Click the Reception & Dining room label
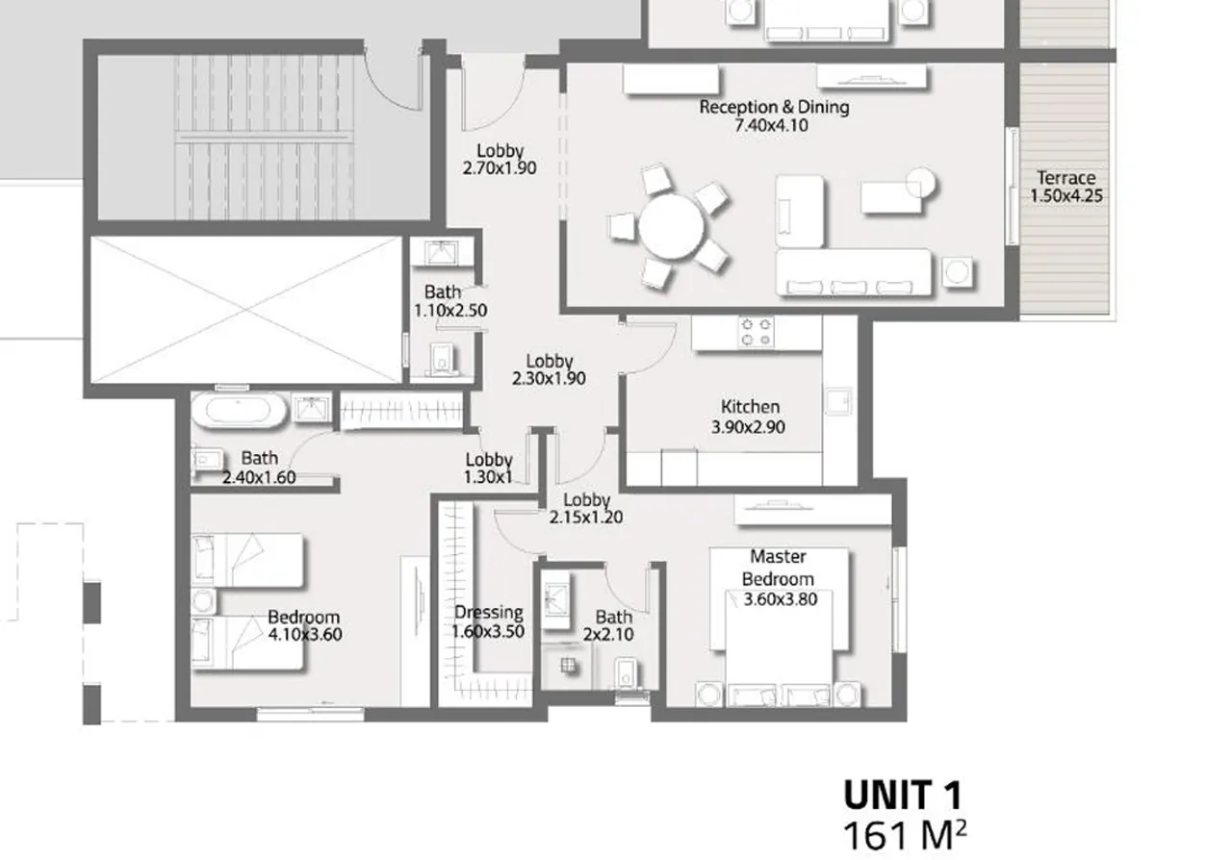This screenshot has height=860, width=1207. click(x=774, y=107)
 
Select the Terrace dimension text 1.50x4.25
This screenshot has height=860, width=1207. click(x=1066, y=195)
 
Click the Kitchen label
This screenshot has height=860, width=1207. click(x=750, y=407)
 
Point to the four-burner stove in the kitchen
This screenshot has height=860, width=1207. click(x=755, y=332)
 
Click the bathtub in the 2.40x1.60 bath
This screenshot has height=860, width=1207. click(x=238, y=412)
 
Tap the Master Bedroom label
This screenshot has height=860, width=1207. click(x=778, y=568)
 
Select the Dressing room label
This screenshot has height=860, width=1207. click(x=488, y=613)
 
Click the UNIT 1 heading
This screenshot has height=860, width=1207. click(x=902, y=796)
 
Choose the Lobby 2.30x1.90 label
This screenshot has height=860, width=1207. click(x=549, y=369)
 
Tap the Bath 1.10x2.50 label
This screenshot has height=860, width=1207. click(x=443, y=301)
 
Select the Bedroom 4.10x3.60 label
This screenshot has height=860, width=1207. click(x=304, y=625)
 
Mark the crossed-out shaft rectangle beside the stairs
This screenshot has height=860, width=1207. click(x=245, y=310)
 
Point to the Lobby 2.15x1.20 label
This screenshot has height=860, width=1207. click(x=586, y=508)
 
